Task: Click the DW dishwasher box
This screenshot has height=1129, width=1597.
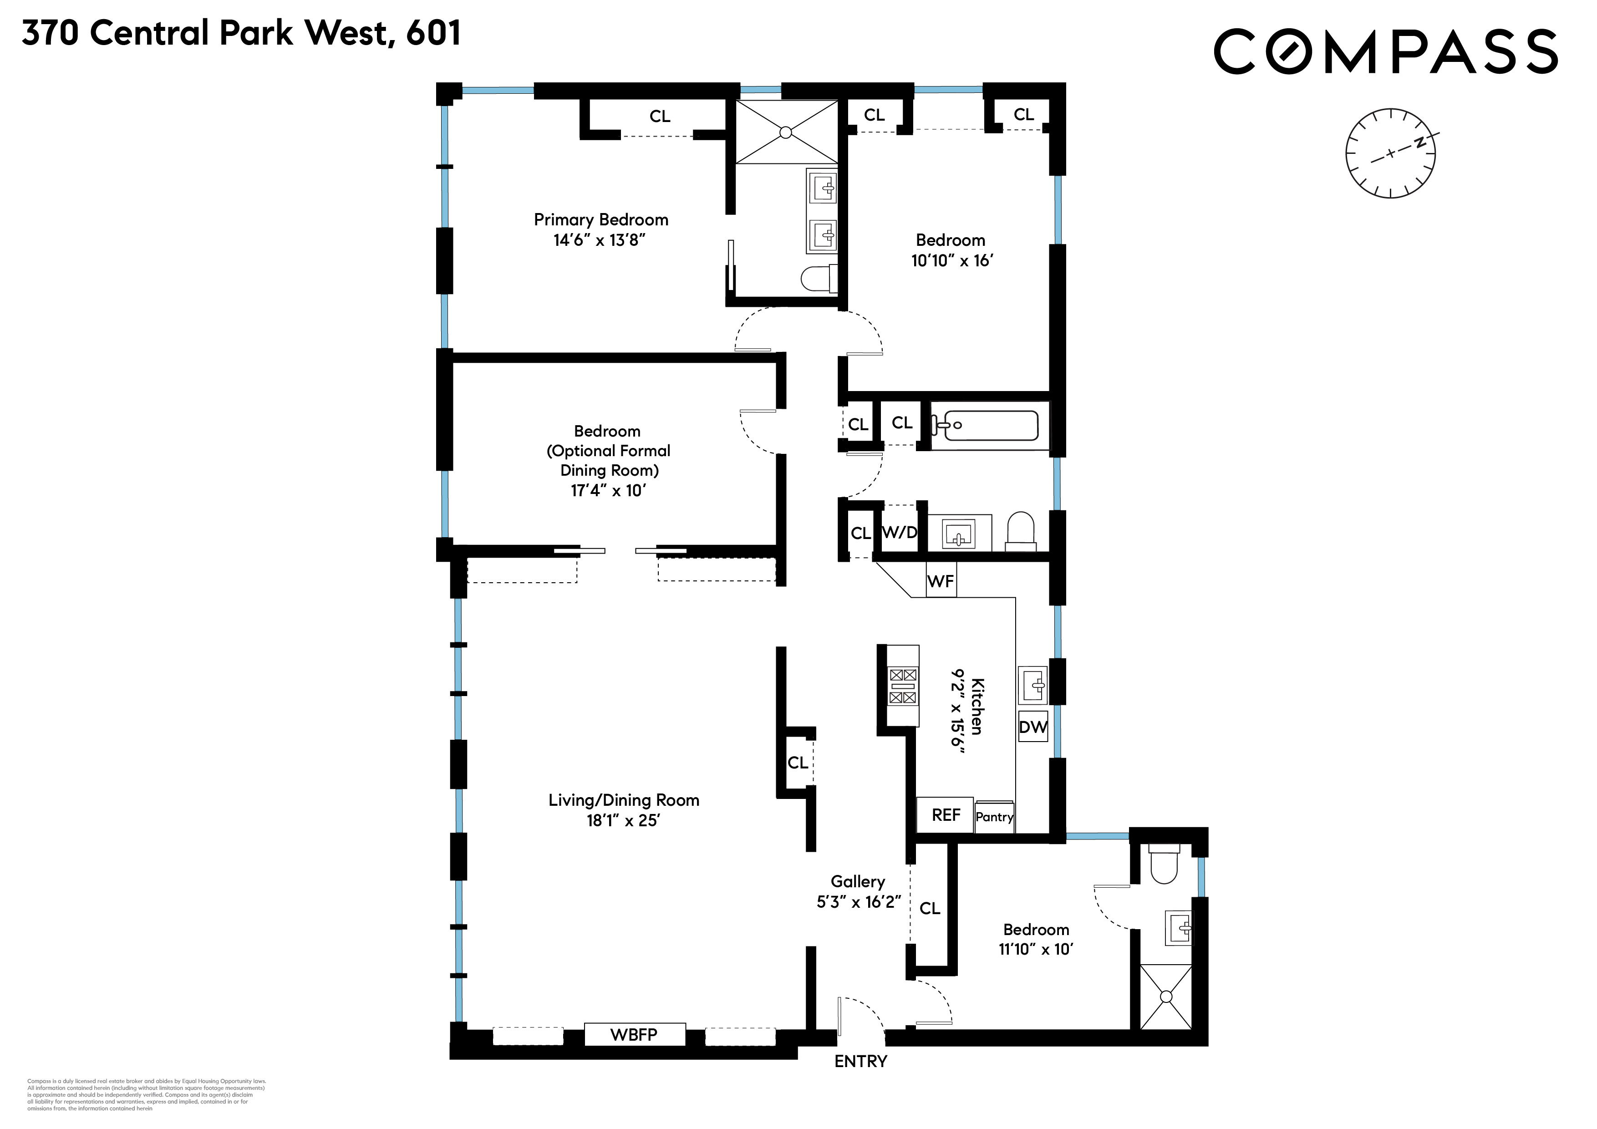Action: click(1033, 727)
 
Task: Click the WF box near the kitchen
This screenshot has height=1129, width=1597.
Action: click(941, 581)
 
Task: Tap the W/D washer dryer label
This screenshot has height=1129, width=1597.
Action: click(900, 532)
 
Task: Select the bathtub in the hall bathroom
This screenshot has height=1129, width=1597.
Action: click(988, 425)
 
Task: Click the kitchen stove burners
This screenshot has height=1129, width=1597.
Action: click(903, 686)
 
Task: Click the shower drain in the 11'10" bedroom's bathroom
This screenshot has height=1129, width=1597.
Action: click(1166, 997)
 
